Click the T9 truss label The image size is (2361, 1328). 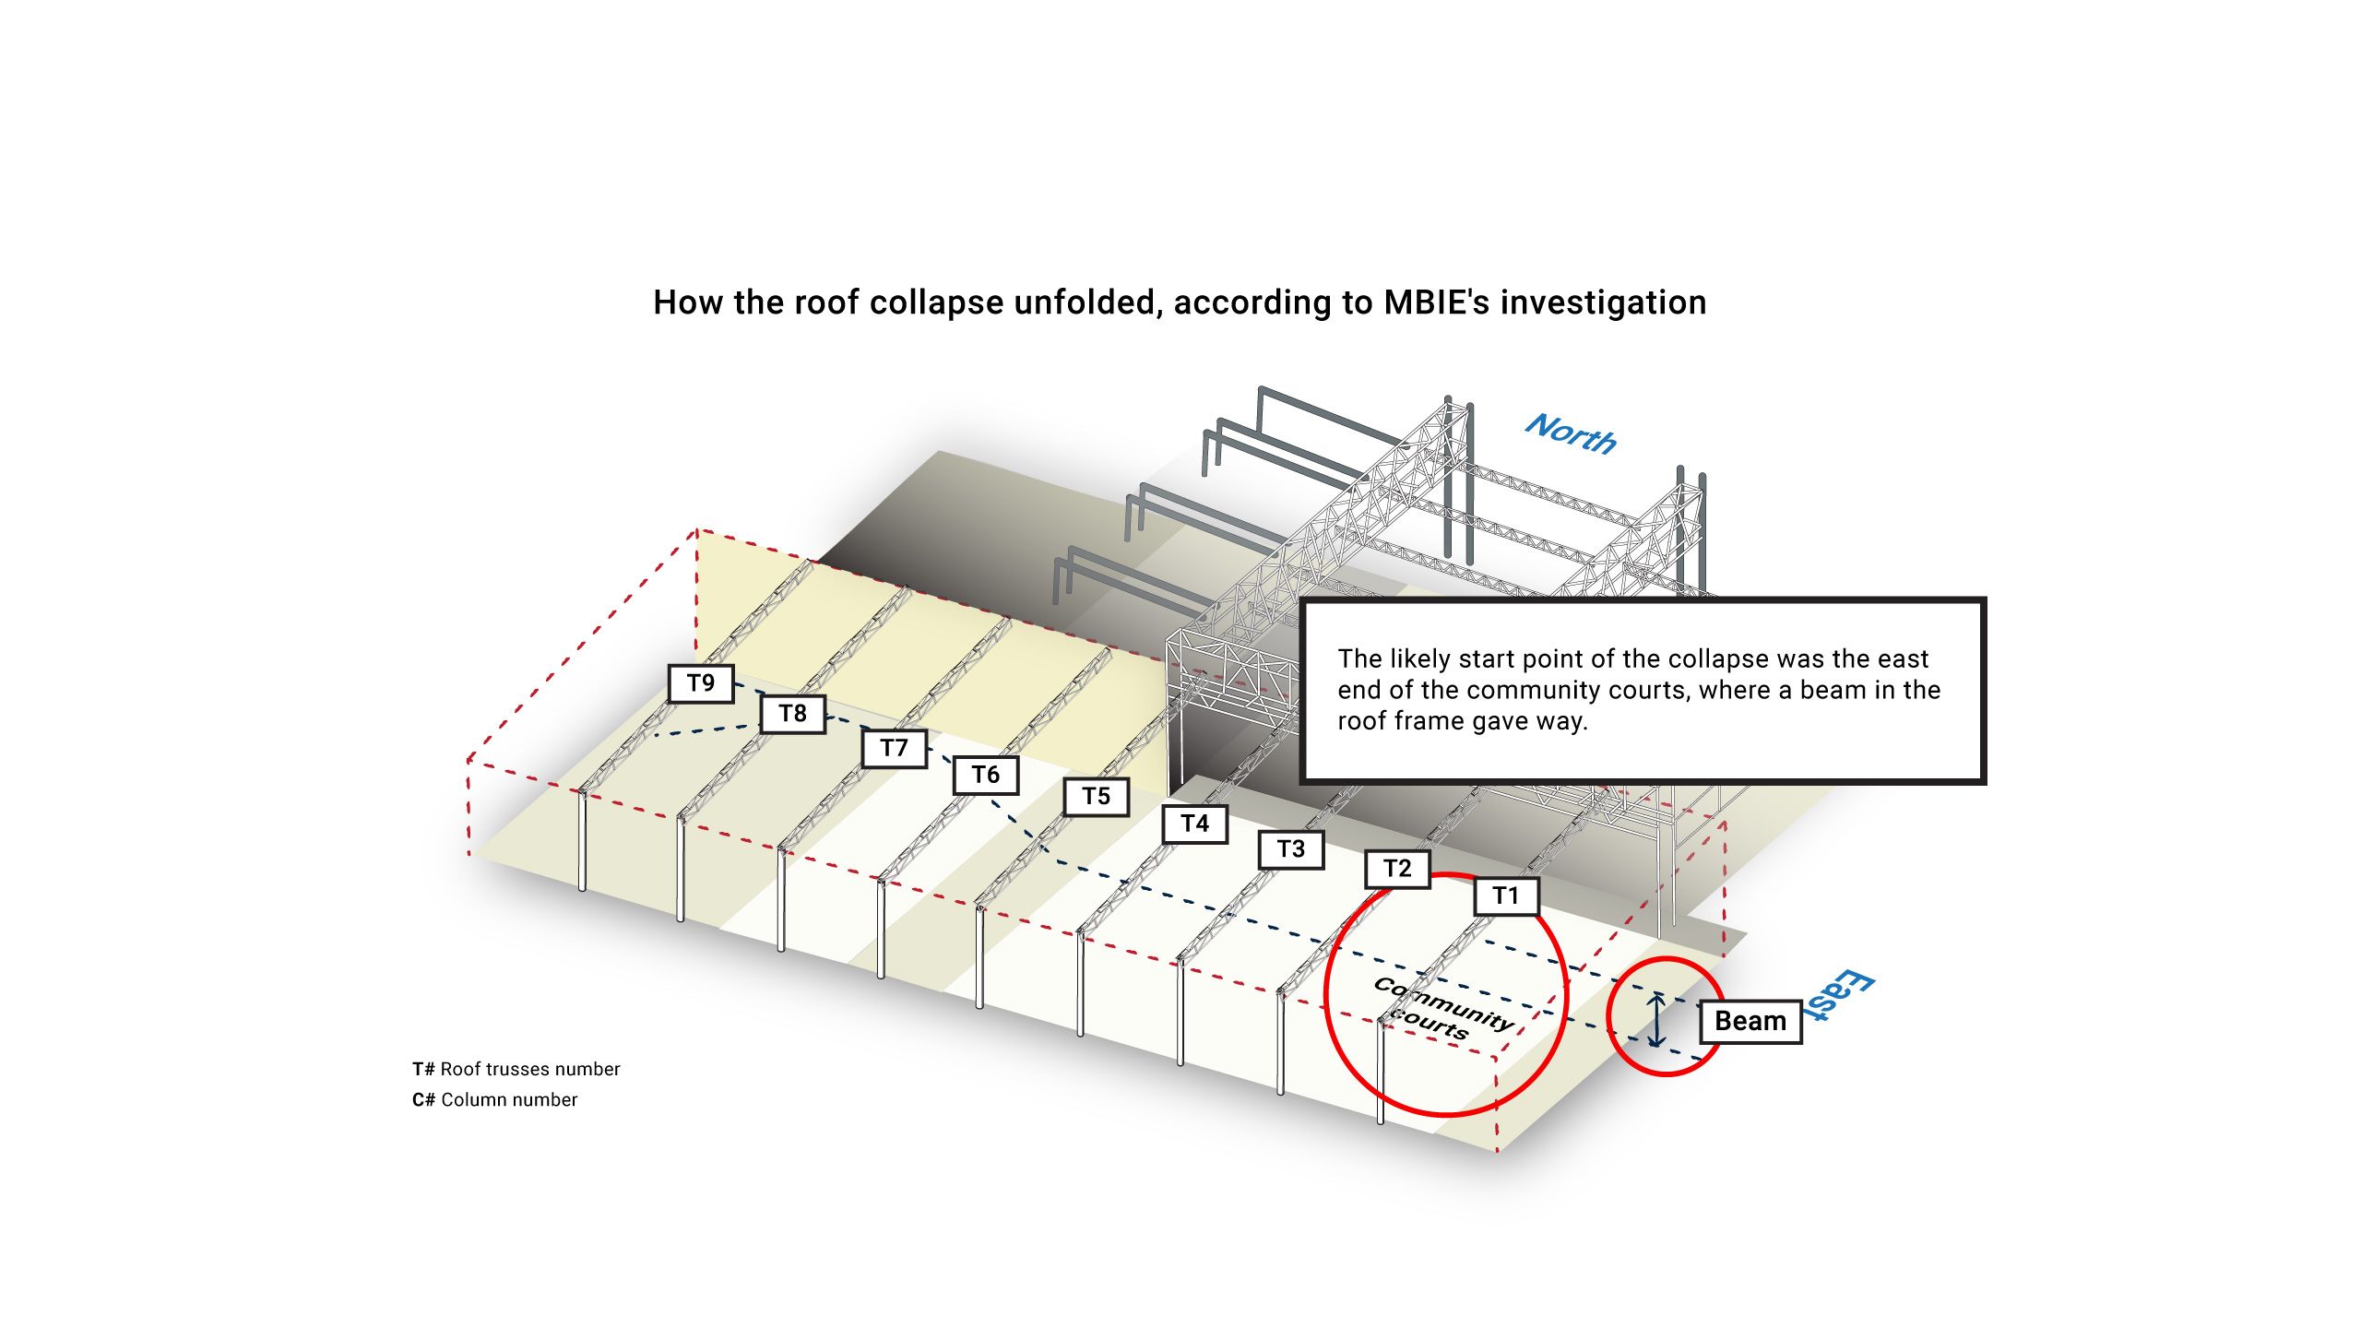pos(701,683)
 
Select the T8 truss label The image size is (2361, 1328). pos(792,714)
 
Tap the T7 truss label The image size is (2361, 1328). pos(894,748)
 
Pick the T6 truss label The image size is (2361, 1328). pos(985,775)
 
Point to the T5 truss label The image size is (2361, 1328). pos(1096,797)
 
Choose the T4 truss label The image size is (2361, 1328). pos(1194,824)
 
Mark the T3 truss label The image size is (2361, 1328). pos(1291,849)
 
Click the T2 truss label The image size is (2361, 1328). pos(1397,869)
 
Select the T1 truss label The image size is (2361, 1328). pos(1506,895)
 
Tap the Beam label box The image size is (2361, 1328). pos(1750,1022)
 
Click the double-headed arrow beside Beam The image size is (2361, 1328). pos(1657,1020)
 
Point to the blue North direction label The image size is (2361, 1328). pos(1571,434)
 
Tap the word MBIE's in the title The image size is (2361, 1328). pos(1436,302)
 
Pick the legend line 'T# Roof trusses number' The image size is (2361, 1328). pos(516,1069)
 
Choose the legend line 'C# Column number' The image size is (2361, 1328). pos(494,1099)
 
